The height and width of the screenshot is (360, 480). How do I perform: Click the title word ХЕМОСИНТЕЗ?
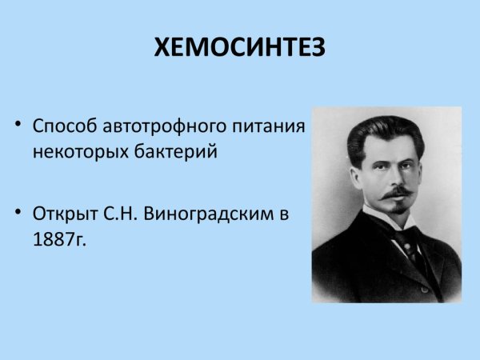tap(240, 49)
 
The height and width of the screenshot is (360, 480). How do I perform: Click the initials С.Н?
tap(120, 214)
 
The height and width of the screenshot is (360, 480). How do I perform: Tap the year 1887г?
tap(58, 238)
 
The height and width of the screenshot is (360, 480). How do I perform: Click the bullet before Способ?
tap(18, 127)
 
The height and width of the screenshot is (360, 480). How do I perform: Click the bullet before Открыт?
tap(18, 214)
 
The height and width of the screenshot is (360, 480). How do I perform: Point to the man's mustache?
tap(398, 194)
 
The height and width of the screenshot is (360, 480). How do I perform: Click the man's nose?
tap(397, 179)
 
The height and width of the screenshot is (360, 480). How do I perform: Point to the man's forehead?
tap(390, 150)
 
